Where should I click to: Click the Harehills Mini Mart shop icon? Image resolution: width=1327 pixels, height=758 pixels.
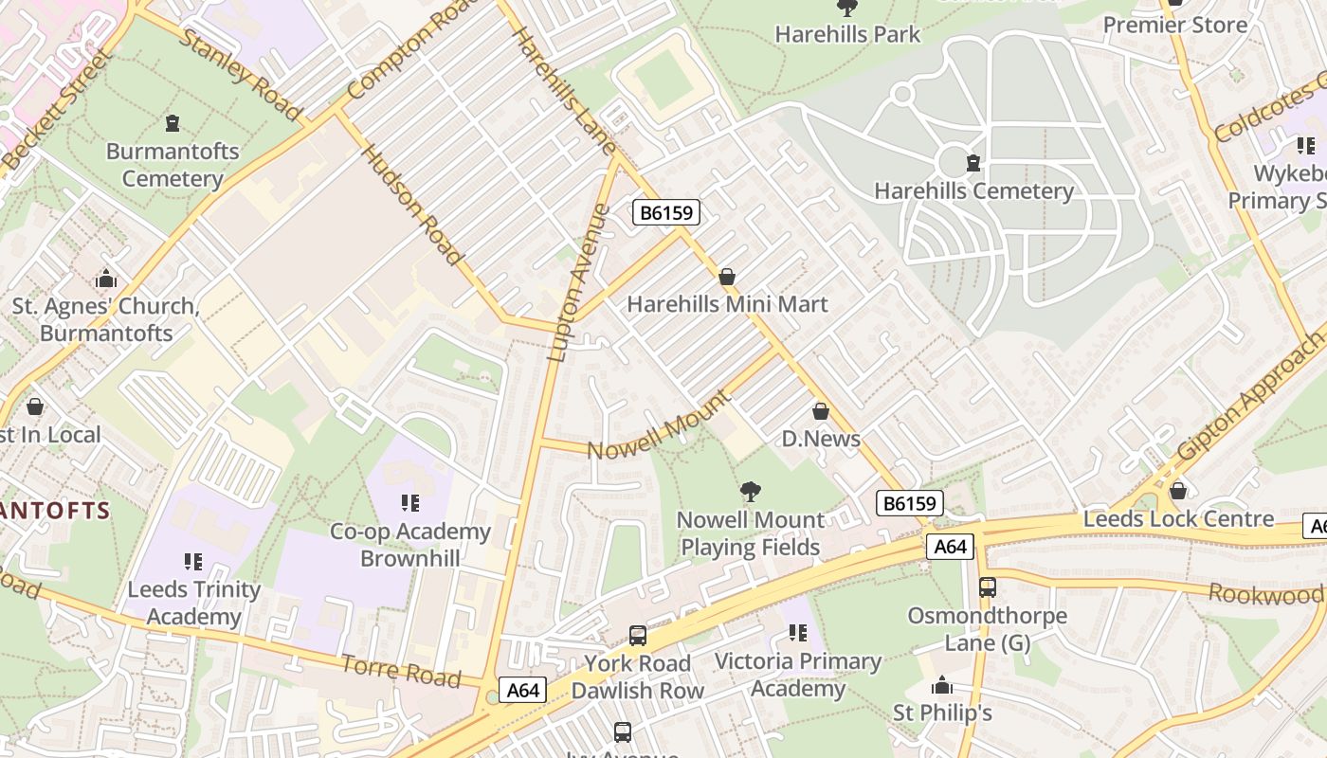point(727,277)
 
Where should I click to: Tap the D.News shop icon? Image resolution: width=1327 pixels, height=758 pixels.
point(821,411)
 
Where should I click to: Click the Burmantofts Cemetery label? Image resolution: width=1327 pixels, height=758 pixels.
point(173,165)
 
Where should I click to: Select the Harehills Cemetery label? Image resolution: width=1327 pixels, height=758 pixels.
point(973,190)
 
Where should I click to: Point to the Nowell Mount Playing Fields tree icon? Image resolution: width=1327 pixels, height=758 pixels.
point(751,492)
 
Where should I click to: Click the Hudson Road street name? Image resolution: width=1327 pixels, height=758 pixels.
point(413,205)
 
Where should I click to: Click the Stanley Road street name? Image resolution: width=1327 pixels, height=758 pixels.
point(240,75)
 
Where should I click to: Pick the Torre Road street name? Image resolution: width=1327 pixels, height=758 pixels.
point(401,671)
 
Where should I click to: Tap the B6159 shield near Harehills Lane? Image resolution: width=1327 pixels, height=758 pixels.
point(666,212)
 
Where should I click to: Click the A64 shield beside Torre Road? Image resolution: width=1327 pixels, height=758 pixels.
point(523,690)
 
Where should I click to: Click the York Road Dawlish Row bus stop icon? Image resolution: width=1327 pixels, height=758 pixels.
point(638,635)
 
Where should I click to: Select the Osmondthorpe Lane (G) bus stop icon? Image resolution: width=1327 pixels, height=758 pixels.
point(988,587)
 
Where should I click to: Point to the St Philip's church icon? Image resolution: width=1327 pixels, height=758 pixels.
point(942,685)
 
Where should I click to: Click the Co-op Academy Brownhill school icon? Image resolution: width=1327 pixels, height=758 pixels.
point(410,503)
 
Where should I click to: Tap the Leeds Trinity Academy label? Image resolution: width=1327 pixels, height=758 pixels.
point(194,603)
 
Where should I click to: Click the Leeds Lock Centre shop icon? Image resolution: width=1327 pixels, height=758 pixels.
point(1178,491)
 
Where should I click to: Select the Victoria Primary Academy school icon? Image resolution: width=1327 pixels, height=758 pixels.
point(798,632)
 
